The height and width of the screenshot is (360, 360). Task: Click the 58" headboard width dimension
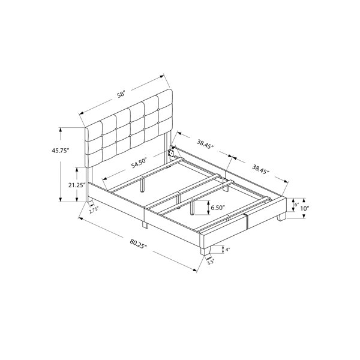point(121,94)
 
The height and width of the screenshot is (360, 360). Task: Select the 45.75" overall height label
point(61,151)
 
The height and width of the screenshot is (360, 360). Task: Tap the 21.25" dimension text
point(77,185)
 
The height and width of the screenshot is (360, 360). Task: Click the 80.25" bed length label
point(138,244)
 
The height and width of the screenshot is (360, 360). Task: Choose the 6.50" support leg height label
point(217,208)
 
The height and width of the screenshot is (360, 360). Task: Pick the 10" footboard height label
point(305,209)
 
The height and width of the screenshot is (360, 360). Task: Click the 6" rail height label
point(296,205)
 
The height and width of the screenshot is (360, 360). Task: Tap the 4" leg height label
point(227,250)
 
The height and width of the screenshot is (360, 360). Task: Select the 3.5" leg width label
point(211,262)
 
